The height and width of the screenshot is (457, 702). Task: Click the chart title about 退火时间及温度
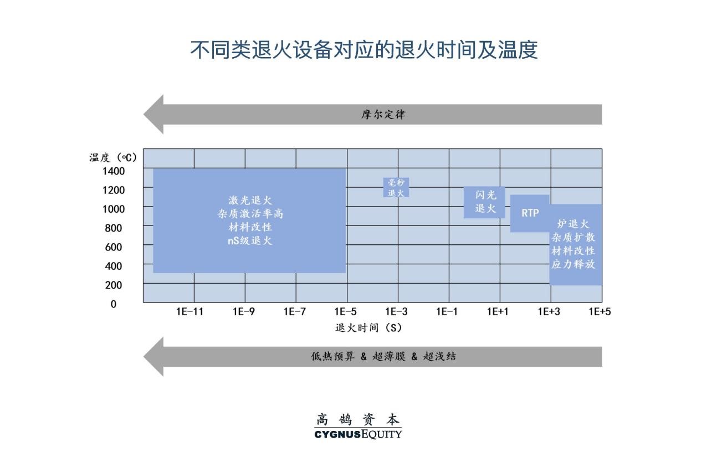[364, 50]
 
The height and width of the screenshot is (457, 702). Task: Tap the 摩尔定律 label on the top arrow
[383, 114]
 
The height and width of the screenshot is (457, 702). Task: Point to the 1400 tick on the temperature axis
[114, 171]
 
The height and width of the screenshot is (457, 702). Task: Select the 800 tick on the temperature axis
[114, 228]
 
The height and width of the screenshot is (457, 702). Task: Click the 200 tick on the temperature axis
[114, 285]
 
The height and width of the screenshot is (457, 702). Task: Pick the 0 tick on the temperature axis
[114, 304]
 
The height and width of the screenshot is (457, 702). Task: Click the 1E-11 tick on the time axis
[189, 312]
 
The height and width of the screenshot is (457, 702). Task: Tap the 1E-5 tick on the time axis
[345, 312]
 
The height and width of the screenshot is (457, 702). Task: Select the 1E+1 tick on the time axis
[498, 312]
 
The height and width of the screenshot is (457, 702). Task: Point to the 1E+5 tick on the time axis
[600, 312]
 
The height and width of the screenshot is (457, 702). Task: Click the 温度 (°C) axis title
[113, 157]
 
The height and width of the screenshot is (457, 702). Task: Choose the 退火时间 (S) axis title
[368, 328]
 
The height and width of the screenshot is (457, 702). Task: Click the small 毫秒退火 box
[396, 187]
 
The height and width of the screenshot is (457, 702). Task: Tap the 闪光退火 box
[484, 202]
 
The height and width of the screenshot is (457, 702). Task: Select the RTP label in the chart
[530, 213]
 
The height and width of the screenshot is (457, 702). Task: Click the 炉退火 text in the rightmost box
[573, 224]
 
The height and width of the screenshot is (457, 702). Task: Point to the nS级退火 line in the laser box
[250, 241]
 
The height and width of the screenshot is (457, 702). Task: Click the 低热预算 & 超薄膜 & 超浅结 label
[383, 356]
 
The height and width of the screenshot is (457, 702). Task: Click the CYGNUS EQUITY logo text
[358, 434]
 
